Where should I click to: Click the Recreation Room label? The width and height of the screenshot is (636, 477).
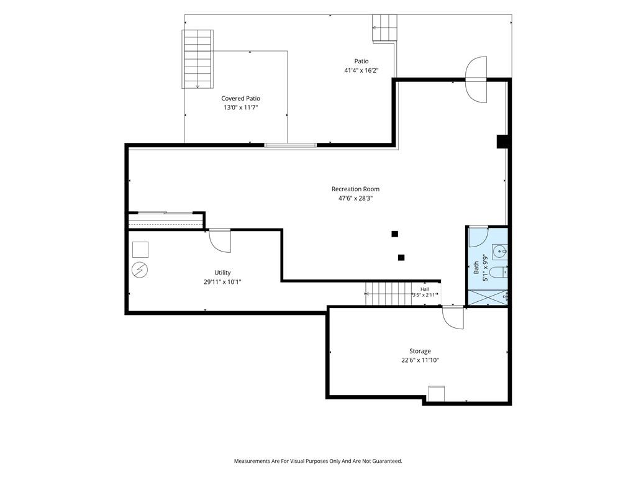tap(355, 189)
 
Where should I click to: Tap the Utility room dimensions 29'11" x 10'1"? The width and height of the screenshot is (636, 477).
tap(222, 282)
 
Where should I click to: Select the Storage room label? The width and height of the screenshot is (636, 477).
tap(420, 352)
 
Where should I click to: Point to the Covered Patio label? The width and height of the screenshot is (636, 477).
tap(240, 99)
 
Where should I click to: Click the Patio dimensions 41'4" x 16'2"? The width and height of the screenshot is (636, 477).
tap(361, 71)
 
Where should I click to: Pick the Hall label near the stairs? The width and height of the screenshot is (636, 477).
tap(425, 289)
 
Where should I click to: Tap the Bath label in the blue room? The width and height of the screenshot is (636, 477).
tap(476, 268)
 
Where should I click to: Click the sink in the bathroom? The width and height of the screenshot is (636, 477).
tap(500, 252)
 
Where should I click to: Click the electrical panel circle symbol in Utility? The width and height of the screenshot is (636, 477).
tap(140, 270)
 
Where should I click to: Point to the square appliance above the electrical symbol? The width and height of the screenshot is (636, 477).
tap(140, 250)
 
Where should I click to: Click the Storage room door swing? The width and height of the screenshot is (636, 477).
tap(453, 317)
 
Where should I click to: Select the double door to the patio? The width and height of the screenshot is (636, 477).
tap(476, 79)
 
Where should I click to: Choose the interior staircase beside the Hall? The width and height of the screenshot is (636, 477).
tap(388, 294)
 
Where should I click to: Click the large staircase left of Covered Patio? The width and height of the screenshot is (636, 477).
tap(198, 59)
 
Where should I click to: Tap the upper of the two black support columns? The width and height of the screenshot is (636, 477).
tap(394, 234)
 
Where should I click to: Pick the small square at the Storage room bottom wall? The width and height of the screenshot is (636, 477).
tap(437, 393)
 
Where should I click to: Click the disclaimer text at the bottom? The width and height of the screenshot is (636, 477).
tap(318, 461)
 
